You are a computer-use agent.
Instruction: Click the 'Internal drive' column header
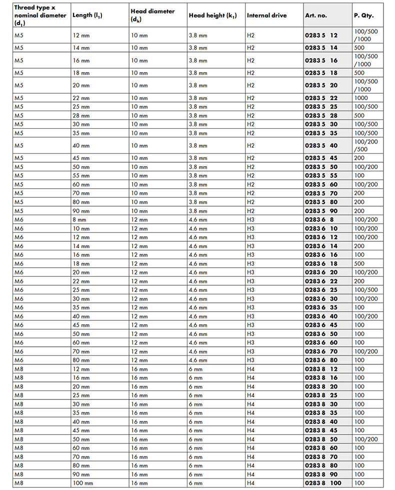point(266,16)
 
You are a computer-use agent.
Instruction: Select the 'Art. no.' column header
point(316,16)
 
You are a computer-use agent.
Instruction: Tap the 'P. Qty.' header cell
point(363,16)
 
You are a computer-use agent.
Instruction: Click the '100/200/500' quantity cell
point(365,145)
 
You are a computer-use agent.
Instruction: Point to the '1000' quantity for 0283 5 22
point(360,98)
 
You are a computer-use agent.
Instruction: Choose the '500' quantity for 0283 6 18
point(359,263)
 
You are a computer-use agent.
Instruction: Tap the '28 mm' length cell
point(81,116)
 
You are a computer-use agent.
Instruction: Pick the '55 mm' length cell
point(81,176)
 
